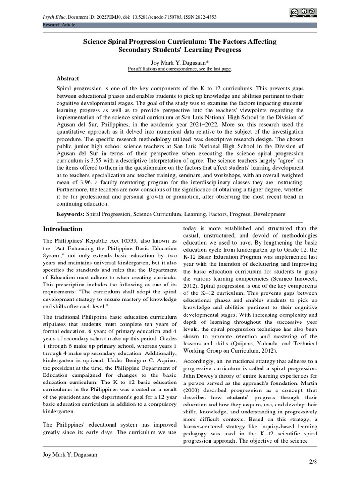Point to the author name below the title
pyautogui.click(x=180, y=62)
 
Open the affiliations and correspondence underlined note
pyautogui.click(x=180, y=69)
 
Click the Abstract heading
pyautogui.click(x=68, y=79)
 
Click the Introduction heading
pyautogui.click(x=62, y=229)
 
